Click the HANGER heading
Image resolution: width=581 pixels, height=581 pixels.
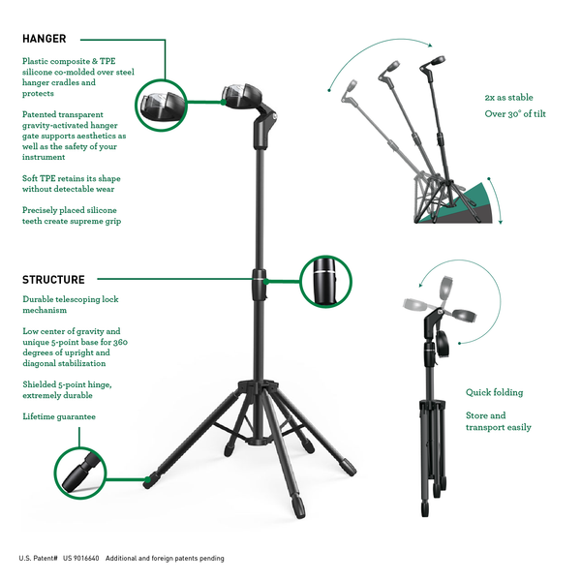tap(45, 39)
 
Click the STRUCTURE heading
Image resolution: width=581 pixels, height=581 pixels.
tap(53, 280)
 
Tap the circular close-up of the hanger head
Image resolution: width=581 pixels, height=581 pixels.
tap(161, 106)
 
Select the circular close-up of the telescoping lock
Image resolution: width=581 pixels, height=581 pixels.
tap(325, 281)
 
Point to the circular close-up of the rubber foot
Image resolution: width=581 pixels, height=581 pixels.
tap(80, 473)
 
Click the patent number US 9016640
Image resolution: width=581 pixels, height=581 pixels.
tap(80, 558)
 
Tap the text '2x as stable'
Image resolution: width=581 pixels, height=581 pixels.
tap(508, 98)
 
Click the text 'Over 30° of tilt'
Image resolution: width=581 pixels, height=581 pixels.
tap(515, 113)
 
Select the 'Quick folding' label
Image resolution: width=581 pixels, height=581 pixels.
tap(494, 392)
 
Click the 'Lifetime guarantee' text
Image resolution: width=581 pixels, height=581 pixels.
tap(59, 416)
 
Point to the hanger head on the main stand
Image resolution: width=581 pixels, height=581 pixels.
tap(242, 96)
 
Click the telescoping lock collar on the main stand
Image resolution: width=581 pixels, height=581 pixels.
tap(260, 285)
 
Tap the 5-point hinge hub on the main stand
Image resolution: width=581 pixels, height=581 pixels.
tap(259, 386)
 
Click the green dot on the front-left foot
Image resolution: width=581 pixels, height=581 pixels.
tap(148, 480)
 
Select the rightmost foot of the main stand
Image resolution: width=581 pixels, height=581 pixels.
tap(349, 468)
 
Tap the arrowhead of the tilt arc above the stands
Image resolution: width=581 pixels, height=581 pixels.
tap(430, 46)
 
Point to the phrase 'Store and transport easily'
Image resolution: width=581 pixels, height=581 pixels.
tap(499, 421)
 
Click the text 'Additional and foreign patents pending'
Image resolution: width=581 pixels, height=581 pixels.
tap(165, 558)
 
